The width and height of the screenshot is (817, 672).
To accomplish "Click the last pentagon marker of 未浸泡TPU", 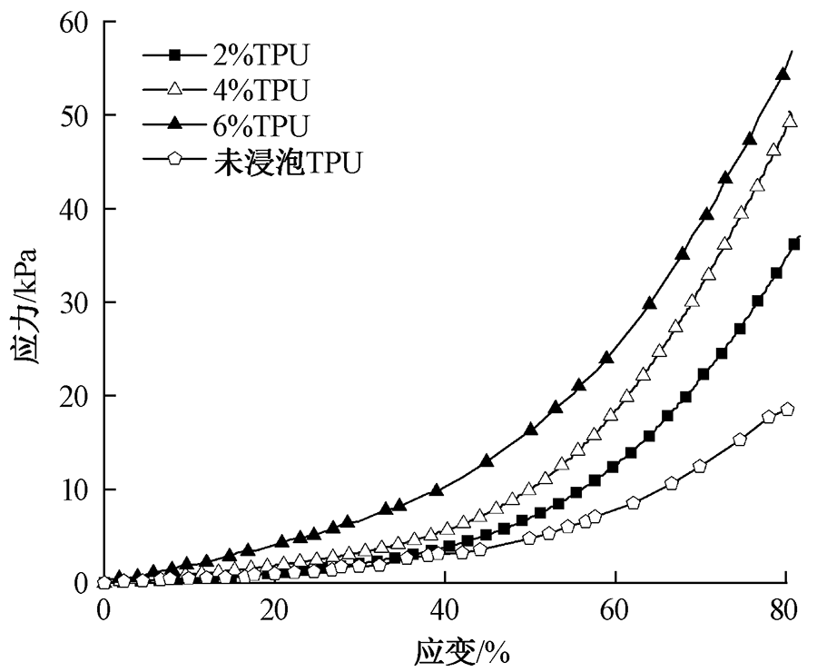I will [787, 410].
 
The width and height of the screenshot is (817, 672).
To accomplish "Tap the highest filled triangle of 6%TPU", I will [783, 74].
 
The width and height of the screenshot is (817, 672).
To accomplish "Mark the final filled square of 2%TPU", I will [794, 243].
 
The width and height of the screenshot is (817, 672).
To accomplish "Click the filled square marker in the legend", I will [176, 56].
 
